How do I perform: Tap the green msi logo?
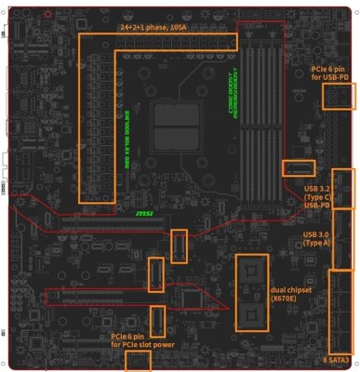(x=145, y=213)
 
